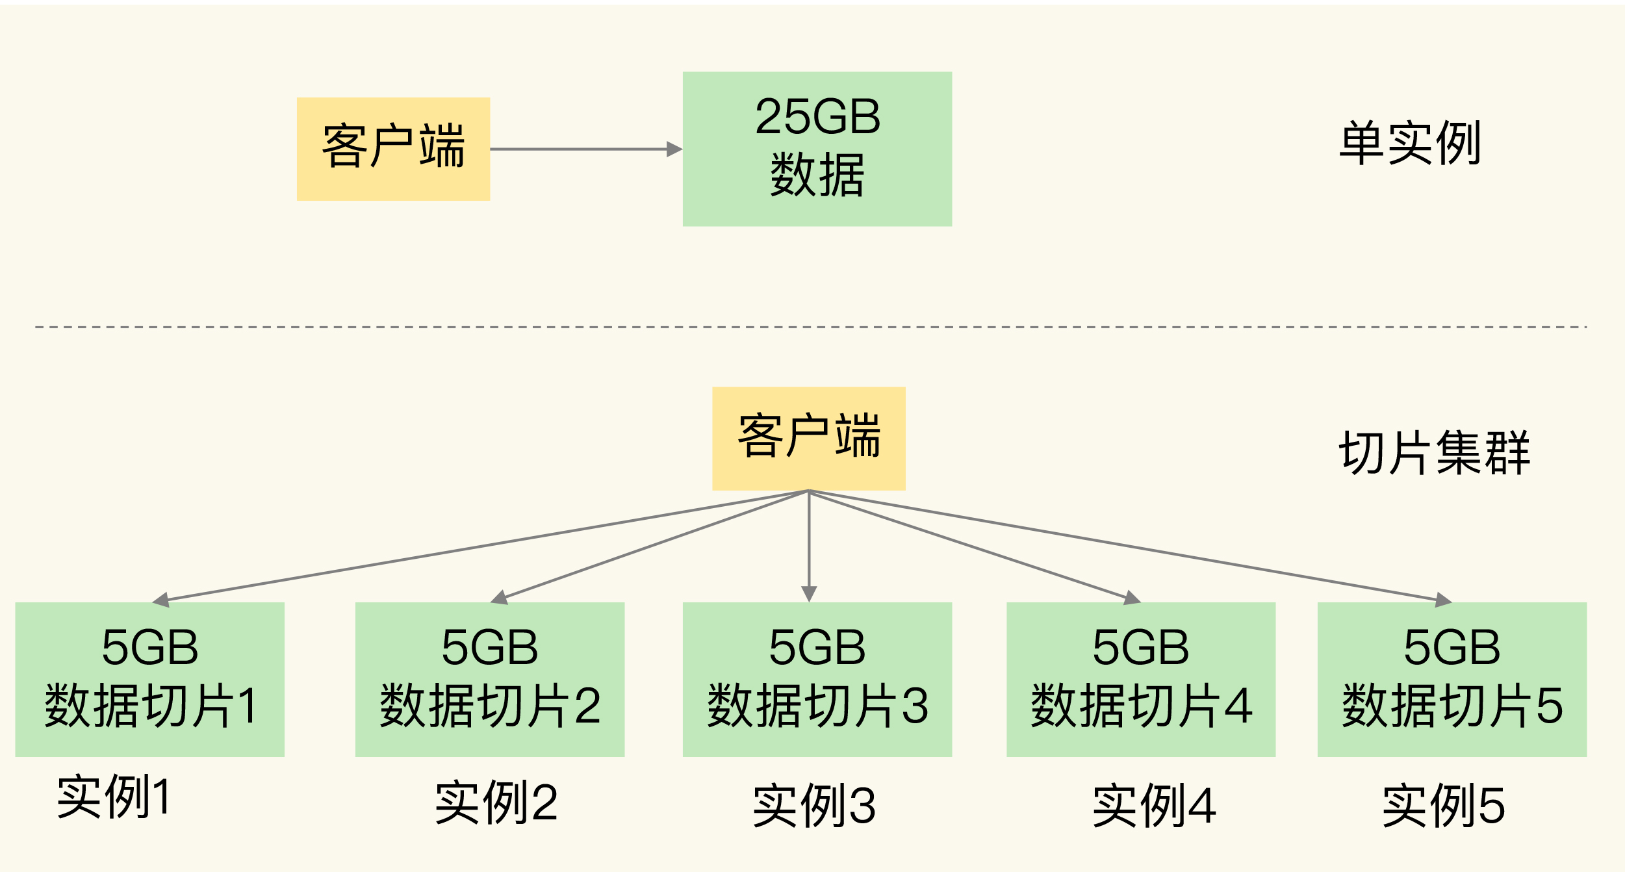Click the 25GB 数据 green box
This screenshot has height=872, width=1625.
tap(817, 149)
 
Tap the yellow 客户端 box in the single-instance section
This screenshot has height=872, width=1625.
tap(393, 149)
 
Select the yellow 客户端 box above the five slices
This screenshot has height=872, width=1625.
tap(808, 438)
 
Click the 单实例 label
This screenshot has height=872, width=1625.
tap(1409, 143)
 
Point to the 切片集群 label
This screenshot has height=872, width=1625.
tap(1434, 453)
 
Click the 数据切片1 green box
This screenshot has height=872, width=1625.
tap(149, 679)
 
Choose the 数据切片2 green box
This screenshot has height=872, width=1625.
tap(489, 679)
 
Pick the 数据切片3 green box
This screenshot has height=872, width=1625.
tap(817, 679)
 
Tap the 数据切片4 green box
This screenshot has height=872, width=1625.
tap(1140, 679)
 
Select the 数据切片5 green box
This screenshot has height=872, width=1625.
tap(1452, 679)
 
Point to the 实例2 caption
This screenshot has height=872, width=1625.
tap(496, 803)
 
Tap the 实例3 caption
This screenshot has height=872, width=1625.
tap(814, 806)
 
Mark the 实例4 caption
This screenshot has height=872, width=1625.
tap(1154, 806)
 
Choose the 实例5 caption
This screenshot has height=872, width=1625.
tap(1443, 806)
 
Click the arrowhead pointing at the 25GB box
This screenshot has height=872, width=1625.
tap(674, 149)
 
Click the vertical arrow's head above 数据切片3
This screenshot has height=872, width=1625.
tap(808, 593)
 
